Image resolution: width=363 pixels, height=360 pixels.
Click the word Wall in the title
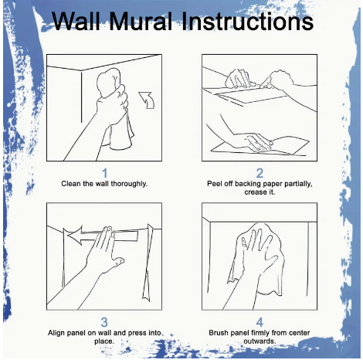78,21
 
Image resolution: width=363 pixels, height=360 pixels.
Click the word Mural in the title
142,21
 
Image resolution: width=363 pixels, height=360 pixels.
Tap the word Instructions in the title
248,21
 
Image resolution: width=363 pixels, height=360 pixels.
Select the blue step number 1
104,173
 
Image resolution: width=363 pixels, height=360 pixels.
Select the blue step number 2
260,173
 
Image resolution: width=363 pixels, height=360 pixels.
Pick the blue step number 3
104,322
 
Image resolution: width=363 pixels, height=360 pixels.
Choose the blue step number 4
260,322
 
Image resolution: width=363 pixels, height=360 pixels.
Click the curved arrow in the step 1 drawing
148,100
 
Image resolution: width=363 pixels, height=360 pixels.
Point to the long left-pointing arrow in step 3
103,236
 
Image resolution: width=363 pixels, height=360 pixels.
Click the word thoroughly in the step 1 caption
129,184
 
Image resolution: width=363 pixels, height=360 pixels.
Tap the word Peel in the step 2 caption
213,184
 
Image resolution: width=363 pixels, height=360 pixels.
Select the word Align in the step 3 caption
56,333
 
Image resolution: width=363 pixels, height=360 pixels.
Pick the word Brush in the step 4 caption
219,333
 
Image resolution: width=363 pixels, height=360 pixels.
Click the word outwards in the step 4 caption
259,341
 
